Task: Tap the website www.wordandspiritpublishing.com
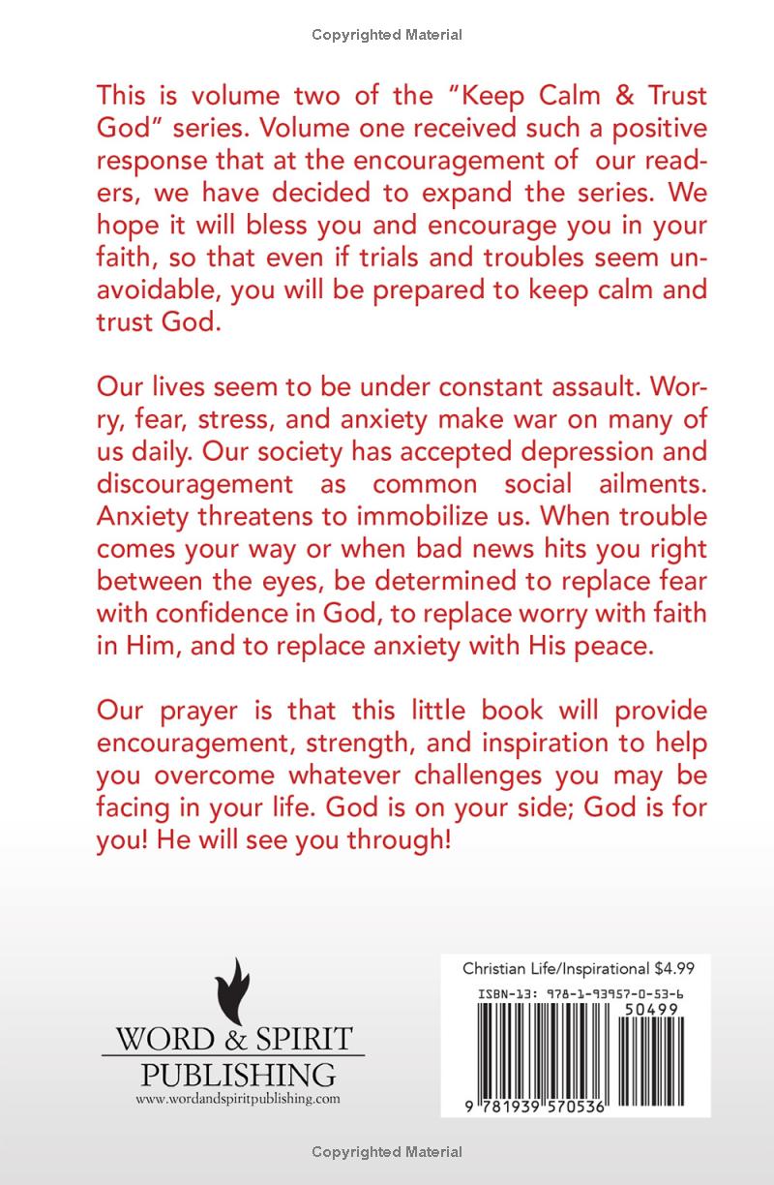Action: tap(238, 1098)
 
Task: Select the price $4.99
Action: tap(674, 967)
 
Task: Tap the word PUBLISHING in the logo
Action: tap(238, 1074)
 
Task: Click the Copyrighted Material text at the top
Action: tap(387, 35)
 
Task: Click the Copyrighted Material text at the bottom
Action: tap(387, 1151)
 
